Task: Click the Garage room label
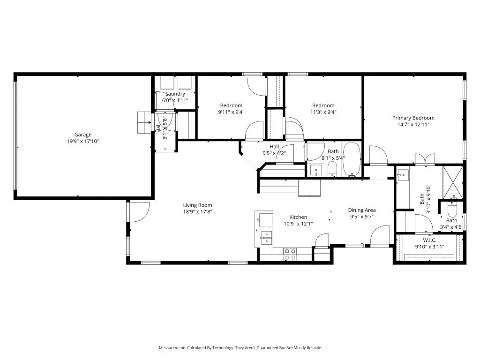tap(82, 135)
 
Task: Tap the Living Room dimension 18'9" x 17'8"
tap(197, 211)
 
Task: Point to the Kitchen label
tap(298, 217)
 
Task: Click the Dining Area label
tap(361, 210)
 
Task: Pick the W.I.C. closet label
tap(429, 240)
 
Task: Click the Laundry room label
tap(175, 94)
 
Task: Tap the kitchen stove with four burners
tap(290, 254)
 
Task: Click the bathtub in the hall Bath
tap(351, 159)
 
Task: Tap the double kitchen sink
tap(266, 238)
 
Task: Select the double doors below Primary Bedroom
tap(425, 159)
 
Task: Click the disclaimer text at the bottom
tap(240, 348)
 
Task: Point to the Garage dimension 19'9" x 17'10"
tap(82, 141)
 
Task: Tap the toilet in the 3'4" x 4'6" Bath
tap(452, 206)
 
